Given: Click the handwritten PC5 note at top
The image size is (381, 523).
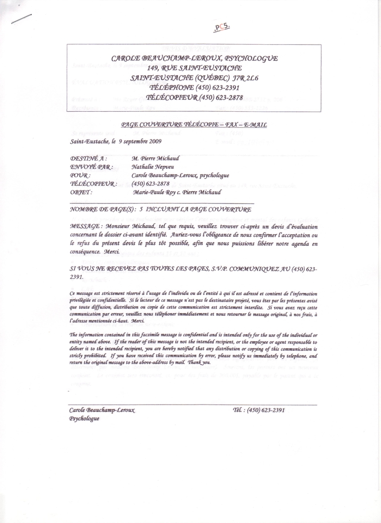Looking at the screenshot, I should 221,27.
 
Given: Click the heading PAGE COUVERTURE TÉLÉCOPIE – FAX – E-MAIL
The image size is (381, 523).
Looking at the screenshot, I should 194,125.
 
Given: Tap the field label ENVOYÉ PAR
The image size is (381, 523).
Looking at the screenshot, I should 91,166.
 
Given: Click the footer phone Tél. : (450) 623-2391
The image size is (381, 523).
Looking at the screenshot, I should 259,410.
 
